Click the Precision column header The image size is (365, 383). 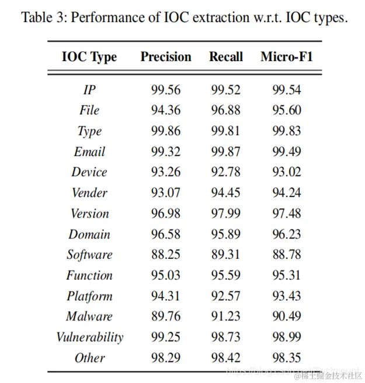pyautogui.click(x=166, y=57)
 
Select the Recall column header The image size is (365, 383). pyautogui.click(x=226, y=57)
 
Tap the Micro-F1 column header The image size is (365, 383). pyautogui.click(x=286, y=57)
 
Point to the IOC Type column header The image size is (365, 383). pyautogui.click(x=89, y=57)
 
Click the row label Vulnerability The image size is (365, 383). pyautogui.click(x=89, y=337)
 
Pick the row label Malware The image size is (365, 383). pyautogui.click(x=89, y=317)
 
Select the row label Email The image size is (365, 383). pyautogui.click(x=89, y=152)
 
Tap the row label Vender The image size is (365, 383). pyautogui.click(x=89, y=193)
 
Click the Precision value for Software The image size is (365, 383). pyautogui.click(x=166, y=255)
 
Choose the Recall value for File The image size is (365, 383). pyautogui.click(x=226, y=111)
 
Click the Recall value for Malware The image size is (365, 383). pyautogui.click(x=226, y=317)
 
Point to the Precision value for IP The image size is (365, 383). pyautogui.click(x=166, y=90)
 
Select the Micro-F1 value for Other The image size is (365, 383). pyautogui.click(x=287, y=358)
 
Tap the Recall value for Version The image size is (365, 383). pyautogui.click(x=226, y=214)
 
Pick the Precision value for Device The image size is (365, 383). pyautogui.click(x=166, y=173)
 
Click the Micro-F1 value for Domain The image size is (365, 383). pyautogui.click(x=287, y=234)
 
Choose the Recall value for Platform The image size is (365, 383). pyautogui.click(x=226, y=296)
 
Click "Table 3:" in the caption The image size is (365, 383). pyautogui.click(x=44, y=17)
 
